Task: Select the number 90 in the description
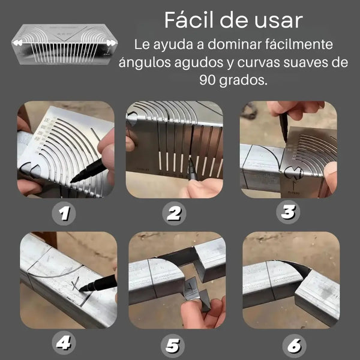click(x=207, y=80)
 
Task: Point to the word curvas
click(x=258, y=62)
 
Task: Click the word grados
click(x=243, y=81)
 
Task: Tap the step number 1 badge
click(x=64, y=214)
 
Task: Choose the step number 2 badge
click(x=174, y=214)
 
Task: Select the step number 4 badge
click(x=64, y=343)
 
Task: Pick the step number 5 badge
click(x=173, y=346)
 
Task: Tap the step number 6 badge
click(x=295, y=346)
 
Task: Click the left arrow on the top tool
click(x=17, y=43)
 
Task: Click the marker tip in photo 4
click(x=80, y=290)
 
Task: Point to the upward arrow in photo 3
click(x=293, y=185)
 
